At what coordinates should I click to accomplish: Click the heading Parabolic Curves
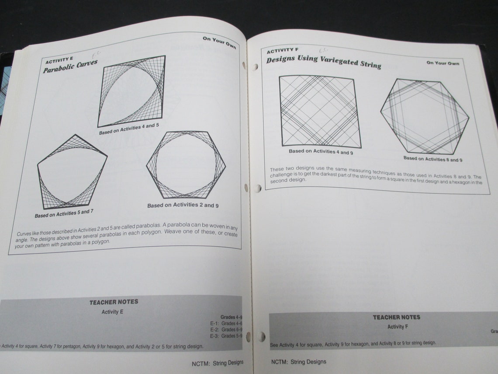pyautogui.click(x=70, y=66)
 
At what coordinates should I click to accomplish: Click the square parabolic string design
pyautogui.click(x=131, y=91)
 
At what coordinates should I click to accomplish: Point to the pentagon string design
pyautogui.click(x=72, y=172)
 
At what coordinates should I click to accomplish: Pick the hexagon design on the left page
pyautogui.click(x=186, y=164)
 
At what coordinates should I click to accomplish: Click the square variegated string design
pyautogui.click(x=320, y=111)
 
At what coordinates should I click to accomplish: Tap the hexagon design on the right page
pyautogui.click(x=424, y=116)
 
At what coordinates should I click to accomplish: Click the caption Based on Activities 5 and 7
pyautogui.click(x=64, y=213)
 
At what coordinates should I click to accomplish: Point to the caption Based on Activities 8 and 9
pyautogui.click(x=433, y=159)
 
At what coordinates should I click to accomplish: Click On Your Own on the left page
pyautogui.click(x=219, y=42)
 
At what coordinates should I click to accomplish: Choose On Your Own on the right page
pyautogui.click(x=443, y=63)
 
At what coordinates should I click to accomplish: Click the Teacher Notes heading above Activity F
pyautogui.click(x=396, y=317)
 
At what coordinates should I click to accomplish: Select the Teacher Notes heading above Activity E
pyautogui.click(x=114, y=302)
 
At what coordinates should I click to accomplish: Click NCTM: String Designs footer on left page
pyautogui.click(x=218, y=363)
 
